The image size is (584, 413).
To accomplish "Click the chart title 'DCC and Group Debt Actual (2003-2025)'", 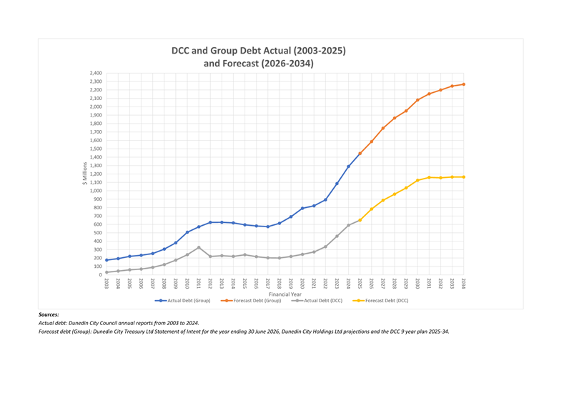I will [x=258, y=51].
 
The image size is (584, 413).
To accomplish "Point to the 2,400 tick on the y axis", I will [x=95, y=73].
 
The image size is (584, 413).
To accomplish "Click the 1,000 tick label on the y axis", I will [x=95, y=191].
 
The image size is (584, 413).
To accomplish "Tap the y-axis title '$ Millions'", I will [x=84, y=174].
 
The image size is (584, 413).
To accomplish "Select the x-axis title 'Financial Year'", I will [x=284, y=294].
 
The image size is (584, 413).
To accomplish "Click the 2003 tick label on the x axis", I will [x=107, y=283].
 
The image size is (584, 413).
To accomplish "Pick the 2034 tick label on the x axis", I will [x=464, y=283].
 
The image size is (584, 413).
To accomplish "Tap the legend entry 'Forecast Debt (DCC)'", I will [x=386, y=301].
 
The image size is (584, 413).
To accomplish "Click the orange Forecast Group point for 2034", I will [x=464, y=84].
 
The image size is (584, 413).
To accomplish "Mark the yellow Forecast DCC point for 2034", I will [x=464, y=177].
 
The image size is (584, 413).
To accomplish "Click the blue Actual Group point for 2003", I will [x=107, y=260].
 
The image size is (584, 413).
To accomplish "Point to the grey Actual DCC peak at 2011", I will [x=199, y=247].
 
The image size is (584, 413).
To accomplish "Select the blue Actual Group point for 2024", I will [x=349, y=166].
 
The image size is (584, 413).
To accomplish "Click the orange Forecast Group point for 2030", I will [x=417, y=100].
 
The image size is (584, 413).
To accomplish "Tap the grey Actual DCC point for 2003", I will [x=107, y=272].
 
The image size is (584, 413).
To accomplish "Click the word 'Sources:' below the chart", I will [x=49, y=314].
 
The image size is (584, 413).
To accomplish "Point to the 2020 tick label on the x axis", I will [x=302, y=283].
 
